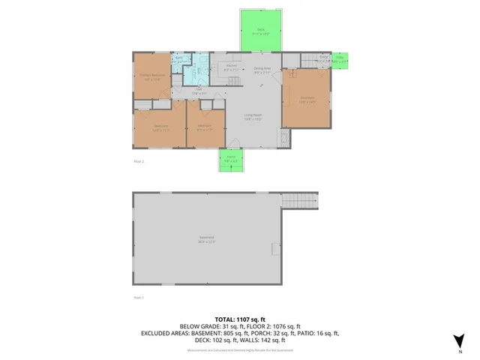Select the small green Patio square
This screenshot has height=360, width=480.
pos(340,60)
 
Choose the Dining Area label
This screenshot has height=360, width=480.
pos(262,70)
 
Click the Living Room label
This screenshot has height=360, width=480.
pos(253,117)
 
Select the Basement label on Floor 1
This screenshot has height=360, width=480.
pos(206,240)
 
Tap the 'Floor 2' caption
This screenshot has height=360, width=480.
pos(138,161)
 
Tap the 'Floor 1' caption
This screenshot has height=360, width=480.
pos(138,298)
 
